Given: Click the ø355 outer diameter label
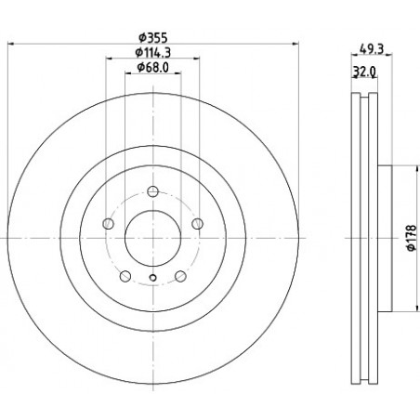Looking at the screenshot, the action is click(153, 38).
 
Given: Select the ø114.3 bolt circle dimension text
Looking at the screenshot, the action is click(153, 53).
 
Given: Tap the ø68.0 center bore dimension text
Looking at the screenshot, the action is click(153, 68).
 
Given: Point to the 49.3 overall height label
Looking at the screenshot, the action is click(372, 48).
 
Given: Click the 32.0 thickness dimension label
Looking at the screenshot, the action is click(364, 72).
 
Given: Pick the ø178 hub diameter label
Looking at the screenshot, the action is click(411, 238).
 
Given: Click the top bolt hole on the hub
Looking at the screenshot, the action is click(152, 191).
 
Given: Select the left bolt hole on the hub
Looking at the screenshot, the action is click(108, 223).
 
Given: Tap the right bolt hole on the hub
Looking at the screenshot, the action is click(197, 223).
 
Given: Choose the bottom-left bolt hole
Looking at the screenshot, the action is click(125, 276).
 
